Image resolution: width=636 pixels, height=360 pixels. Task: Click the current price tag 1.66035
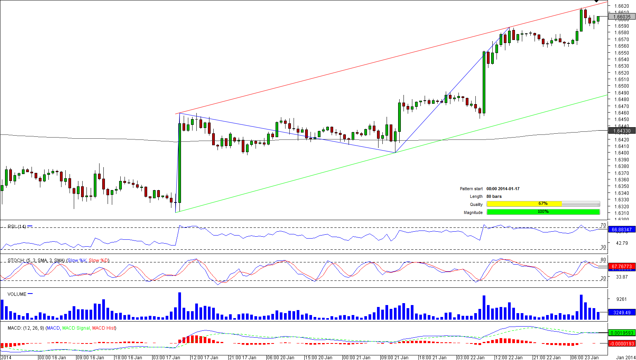point(622,17)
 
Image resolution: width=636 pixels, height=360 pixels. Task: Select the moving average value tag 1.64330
point(622,131)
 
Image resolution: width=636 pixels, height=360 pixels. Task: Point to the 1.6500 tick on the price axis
point(621,86)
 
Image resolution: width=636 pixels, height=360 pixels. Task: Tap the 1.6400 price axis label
point(621,153)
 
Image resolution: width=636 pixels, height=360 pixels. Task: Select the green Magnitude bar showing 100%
point(543,212)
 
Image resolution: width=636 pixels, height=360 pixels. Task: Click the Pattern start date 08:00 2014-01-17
point(503,189)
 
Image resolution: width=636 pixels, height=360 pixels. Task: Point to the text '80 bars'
point(494,196)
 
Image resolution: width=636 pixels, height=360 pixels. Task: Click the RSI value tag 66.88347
point(621,230)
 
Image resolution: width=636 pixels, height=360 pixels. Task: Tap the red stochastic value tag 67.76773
point(621,267)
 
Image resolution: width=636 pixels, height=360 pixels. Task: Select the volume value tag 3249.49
point(621,313)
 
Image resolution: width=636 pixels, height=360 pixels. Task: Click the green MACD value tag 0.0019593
point(621,333)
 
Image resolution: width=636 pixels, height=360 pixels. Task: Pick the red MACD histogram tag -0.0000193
point(621,343)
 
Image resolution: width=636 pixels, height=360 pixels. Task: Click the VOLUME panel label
point(17,294)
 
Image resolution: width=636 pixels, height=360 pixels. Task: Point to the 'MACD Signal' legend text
point(76,328)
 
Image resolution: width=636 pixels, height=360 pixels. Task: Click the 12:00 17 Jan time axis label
point(204,358)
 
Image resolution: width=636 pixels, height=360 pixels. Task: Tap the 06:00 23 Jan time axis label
point(585,358)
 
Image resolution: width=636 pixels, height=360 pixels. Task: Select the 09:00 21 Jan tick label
point(395,358)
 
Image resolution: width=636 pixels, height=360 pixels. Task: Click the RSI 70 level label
point(603,225)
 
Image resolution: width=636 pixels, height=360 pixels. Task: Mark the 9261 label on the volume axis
point(621,299)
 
